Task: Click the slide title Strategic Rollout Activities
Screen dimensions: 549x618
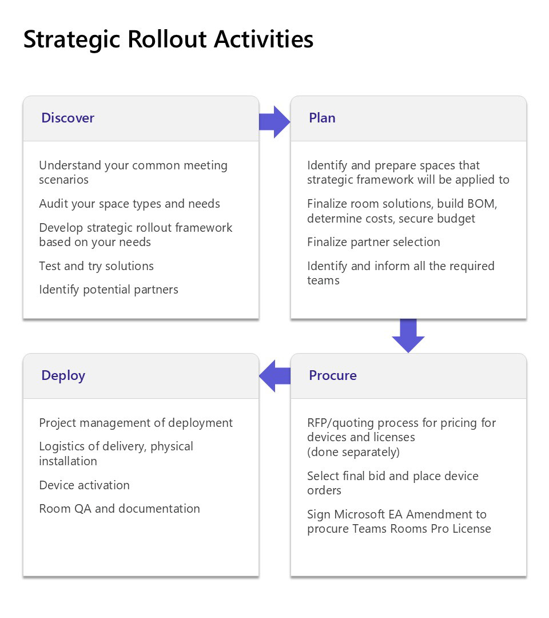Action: click(x=168, y=40)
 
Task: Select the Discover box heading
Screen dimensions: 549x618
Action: click(x=67, y=118)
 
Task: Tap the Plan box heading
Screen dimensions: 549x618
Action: click(x=322, y=118)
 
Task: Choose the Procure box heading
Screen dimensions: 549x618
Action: click(x=333, y=375)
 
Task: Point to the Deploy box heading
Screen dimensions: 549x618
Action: click(x=63, y=376)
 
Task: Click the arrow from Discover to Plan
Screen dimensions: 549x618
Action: click(x=274, y=122)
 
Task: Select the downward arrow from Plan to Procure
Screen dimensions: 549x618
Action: click(x=408, y=335)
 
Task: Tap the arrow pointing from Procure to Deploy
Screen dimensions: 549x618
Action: click(x=274, y=375)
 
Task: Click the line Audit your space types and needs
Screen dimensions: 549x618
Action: click(x=130, y=204)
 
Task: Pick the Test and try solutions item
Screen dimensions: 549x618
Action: click(x=97, y=266)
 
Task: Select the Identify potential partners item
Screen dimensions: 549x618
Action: click(x=109, y=290)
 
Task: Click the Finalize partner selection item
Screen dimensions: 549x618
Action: click(x=374, y=242)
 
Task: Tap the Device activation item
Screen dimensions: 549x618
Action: click(x=84, y=485)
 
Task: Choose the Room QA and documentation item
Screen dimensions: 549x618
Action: click(x=120, y=509)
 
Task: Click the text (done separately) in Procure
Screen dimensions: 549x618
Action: click(x=353, y=452)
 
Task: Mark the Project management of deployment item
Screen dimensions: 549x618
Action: click(x=136, y=423)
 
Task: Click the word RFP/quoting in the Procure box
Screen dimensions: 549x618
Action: click(x=341, y=423)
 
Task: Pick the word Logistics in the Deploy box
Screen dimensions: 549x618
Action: click(x=62, y=446)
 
